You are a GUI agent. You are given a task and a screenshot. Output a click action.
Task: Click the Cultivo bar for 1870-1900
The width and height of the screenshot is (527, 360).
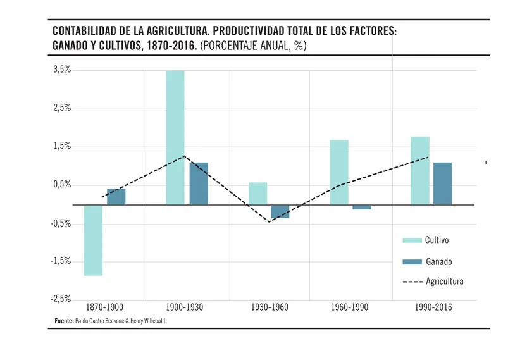point(93,240)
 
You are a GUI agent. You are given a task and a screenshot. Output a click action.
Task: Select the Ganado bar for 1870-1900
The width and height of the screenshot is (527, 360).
point(116,197)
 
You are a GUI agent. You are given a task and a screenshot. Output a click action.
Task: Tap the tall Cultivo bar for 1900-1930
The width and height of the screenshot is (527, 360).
point(175,137)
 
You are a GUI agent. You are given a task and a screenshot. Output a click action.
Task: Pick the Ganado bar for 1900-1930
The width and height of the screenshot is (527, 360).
point(199,183)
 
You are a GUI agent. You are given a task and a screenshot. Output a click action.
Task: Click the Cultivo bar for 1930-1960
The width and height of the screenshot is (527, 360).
point(258,194)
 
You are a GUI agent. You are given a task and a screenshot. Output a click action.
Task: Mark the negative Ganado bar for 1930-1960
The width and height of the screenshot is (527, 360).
point(280,211)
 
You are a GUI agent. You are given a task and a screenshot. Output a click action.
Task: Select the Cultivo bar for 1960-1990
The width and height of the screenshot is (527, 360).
point(339,172)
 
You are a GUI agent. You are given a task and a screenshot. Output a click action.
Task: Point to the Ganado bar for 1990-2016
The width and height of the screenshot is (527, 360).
point(443,183)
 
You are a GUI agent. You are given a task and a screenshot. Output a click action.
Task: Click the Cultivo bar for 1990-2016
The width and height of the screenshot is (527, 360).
point(420,170)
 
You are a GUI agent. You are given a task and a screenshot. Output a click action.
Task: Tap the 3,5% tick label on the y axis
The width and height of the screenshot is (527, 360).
point(62,70)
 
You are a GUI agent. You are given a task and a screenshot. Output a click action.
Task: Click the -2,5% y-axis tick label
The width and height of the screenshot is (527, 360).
point(61,299)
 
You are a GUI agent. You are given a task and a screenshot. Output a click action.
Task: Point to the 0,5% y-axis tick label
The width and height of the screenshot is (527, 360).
point(62,185)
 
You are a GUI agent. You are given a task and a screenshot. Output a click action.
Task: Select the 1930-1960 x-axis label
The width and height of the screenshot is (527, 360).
point(270,307)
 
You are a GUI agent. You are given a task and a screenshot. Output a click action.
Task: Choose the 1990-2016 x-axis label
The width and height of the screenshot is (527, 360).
point(433,307)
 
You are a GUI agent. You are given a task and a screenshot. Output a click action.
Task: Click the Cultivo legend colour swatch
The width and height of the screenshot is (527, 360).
point(412,240)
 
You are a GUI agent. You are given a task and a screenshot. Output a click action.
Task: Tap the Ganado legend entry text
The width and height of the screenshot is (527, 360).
point(439,261)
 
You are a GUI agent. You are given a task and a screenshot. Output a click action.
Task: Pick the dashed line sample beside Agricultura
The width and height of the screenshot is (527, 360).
point(412,282)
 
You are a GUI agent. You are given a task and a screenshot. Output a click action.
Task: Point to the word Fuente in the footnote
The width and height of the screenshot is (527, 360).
point(64,321)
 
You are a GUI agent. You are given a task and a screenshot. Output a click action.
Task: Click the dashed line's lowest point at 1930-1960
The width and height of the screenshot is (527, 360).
point(270,221)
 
